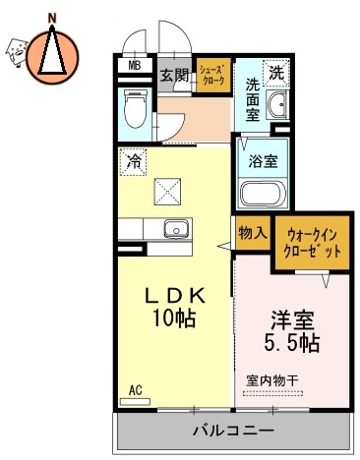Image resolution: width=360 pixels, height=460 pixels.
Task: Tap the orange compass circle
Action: [52, 54]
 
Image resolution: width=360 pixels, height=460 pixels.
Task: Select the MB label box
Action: [133, 68]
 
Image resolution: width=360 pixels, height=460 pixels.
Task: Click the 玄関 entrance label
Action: [174, 74]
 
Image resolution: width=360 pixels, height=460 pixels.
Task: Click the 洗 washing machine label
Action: [277, 74]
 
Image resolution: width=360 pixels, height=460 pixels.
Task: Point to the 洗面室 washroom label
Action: [253, 98]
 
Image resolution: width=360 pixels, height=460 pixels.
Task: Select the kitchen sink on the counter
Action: [175, 229]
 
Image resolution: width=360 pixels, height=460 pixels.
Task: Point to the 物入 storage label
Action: [252, 233]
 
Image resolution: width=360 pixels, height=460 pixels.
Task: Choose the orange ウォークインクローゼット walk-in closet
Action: [313, 243]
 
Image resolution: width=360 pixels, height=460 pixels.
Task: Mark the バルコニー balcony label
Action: [232, 430]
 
